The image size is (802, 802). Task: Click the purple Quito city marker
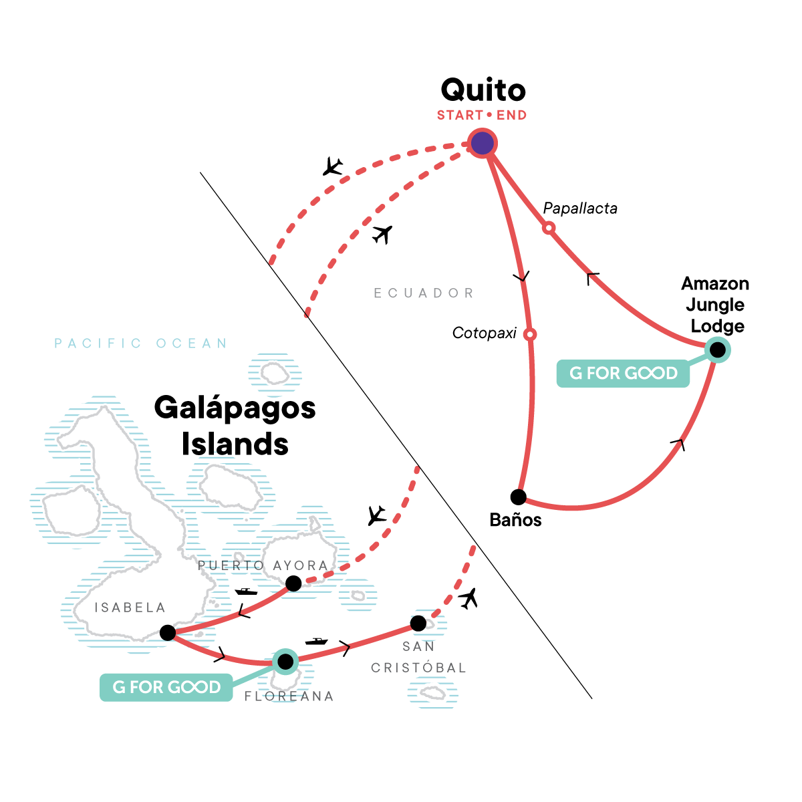(x=482, y=143)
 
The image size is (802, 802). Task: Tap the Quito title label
(x=483, y=90)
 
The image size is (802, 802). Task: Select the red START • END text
(x=482, y=116)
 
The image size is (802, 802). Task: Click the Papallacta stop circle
(x=548, y=228)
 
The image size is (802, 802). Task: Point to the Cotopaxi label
(x=484, y=333)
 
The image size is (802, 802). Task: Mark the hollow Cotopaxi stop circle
(x=529, y=334)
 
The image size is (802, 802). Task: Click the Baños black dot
(x=518, y=497)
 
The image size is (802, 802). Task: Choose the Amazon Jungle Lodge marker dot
(x=717, y=350)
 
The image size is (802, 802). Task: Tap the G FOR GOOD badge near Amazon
(x=623, y=374)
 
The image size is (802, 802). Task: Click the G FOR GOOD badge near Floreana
(x=166, y=688)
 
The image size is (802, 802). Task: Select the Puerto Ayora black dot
(x=293, y=584)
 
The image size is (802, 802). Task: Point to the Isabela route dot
(x=168, y=633)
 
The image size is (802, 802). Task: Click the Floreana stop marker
(x=285, y=662)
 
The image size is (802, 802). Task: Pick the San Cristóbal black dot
(x=418, y=624)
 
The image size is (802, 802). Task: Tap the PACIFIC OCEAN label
(x=141, y=344)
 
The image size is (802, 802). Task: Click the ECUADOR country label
(x=424, y=293)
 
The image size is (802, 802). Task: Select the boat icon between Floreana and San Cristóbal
(x=316, y=641)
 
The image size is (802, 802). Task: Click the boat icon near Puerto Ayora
(x=246, y=591)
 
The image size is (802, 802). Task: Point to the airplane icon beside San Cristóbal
(x=469, y=598)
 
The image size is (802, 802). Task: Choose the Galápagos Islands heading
(x=235, y=426)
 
